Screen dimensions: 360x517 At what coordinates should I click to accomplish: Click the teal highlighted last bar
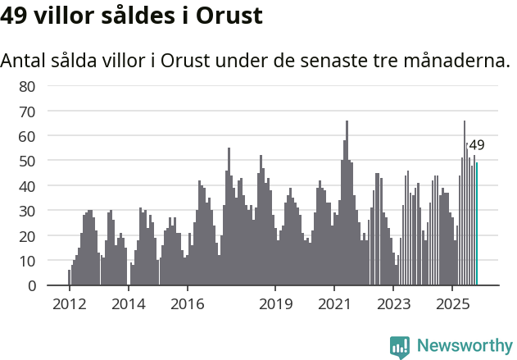(x=477, y=224)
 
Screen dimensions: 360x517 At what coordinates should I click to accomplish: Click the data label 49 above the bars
(x=476, y=145)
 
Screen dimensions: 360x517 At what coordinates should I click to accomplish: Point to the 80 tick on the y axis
(x=27, y=85)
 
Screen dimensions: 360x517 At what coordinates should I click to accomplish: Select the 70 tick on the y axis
(x=27, y=111)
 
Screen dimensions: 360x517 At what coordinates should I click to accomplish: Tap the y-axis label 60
(x=27, y=135)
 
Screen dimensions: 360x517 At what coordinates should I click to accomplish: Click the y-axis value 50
(x=27, y=161)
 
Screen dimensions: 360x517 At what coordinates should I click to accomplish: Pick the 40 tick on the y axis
(x=27, y=186)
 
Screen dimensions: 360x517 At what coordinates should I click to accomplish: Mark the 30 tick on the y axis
(x=27, y=211)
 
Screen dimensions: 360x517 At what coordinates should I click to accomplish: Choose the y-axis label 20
(x=27, y=236)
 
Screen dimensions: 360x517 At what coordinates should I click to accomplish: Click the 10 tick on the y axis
(x=27, y=261)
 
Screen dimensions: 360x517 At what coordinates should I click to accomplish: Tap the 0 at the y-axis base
(x=31, y=286)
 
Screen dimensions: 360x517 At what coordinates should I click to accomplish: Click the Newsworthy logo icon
(x=400, y=347)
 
